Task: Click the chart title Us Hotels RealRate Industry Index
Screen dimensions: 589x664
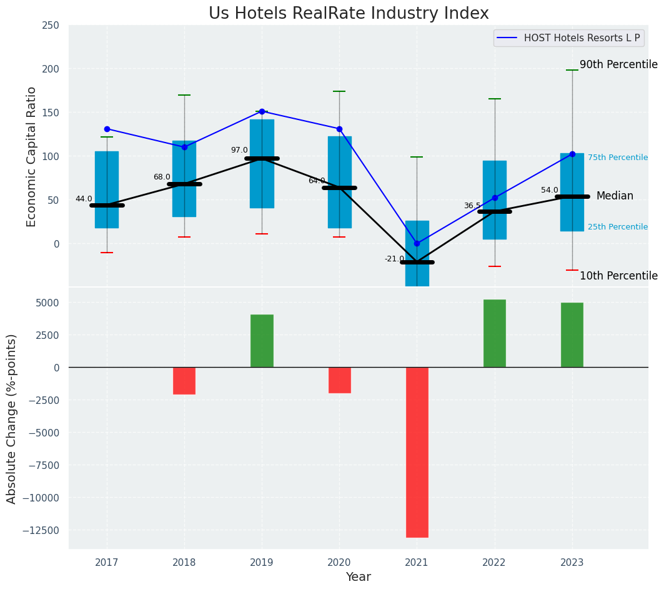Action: [x=349, y=14]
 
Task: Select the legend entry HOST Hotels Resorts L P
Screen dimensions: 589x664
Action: [x=582, y=38]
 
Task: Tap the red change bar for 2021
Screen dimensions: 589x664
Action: [x=417, y=451]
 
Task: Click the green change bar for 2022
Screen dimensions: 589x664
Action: [x=494, y=333]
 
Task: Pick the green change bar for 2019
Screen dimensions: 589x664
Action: [x=262, y=341]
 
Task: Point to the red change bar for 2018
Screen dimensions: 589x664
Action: [x=184, y=380]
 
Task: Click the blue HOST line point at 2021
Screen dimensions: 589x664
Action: [x=417, y=243]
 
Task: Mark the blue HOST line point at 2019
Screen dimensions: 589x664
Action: [x=262, y=111]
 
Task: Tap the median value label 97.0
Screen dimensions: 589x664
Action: [x=239, y=150]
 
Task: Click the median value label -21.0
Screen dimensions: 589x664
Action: [x=394, y=259]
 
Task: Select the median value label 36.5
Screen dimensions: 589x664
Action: [x=472, y=206]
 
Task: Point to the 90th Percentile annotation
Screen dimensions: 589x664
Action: [x=618, y=65]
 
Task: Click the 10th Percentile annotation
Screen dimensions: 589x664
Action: [x=618, y=276]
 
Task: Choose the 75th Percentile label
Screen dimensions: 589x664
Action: [x=617, y=158]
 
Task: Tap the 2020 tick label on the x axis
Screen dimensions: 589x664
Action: [x=339, y=563]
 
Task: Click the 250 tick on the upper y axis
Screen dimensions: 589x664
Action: [x=51, y=25]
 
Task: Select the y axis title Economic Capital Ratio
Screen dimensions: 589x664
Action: [x=32, y=156]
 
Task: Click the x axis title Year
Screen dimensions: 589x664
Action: [x=358, y=577]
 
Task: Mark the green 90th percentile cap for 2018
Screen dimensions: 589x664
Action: [x=184, y=95]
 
